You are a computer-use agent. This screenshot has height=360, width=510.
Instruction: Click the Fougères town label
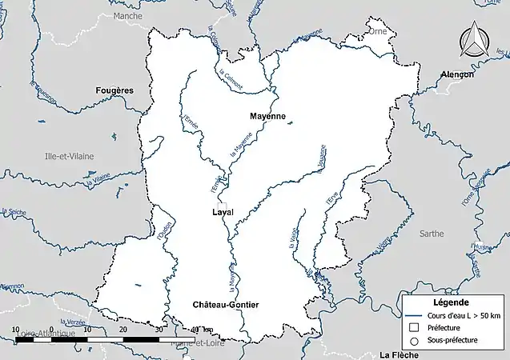pos(114,90)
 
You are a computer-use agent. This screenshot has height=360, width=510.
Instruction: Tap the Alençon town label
pos(457,74)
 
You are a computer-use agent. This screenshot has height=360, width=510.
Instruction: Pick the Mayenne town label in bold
pos(267,116)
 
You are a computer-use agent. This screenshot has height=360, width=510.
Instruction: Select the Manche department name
pos(128,16)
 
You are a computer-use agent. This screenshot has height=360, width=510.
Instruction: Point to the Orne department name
pos(377,31)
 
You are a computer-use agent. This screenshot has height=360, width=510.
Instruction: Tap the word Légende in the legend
pos(450,302)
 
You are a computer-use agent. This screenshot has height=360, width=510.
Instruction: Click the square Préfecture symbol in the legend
pos(414,327)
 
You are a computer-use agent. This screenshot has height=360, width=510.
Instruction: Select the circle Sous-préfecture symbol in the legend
pos(414,340)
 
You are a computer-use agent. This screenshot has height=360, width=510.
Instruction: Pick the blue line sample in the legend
pos(414,314)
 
